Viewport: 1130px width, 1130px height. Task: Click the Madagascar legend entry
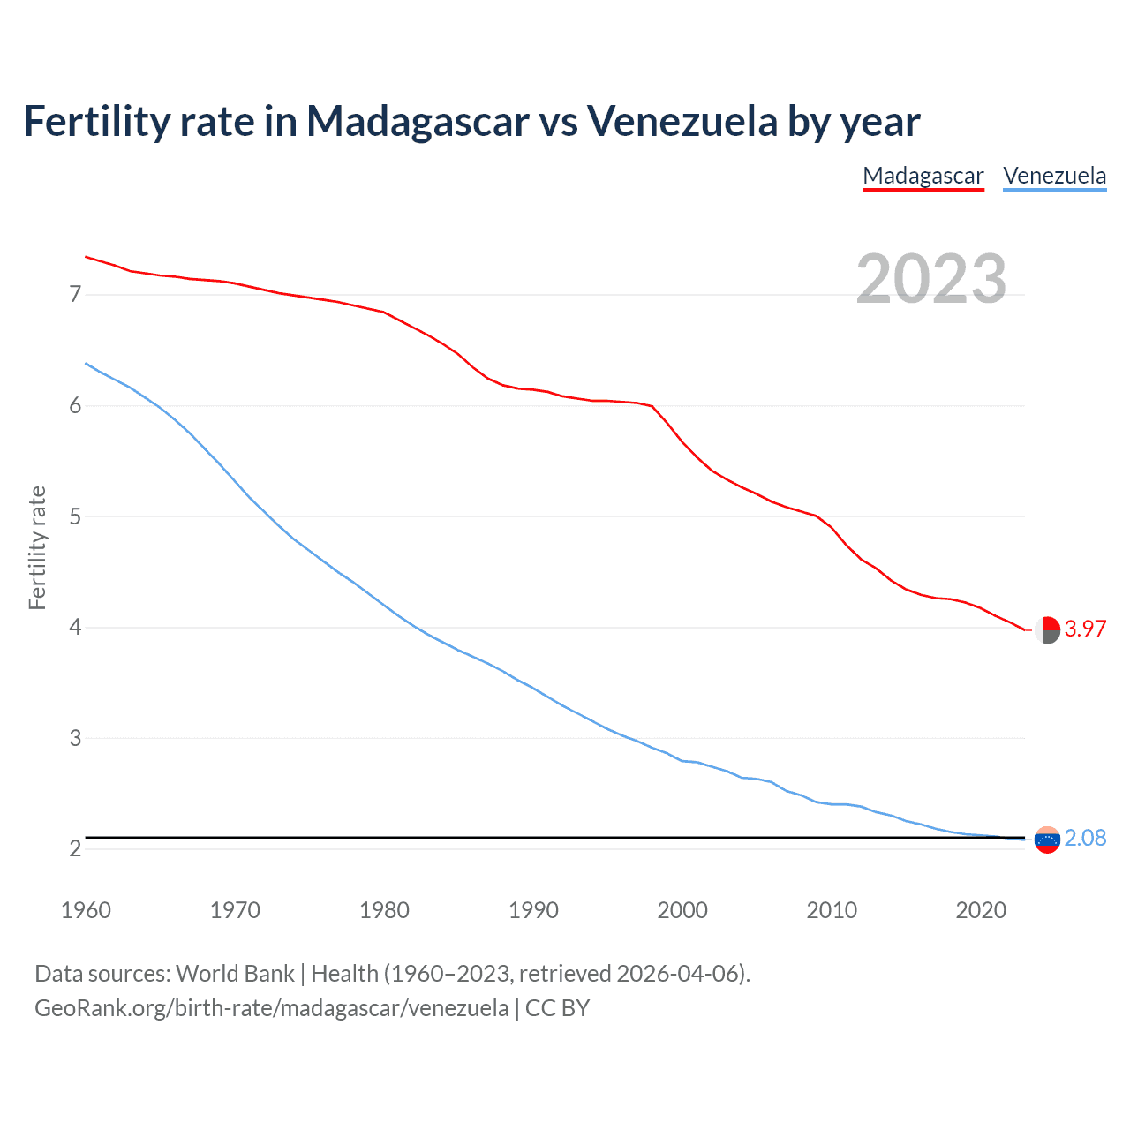(x=923, y=176)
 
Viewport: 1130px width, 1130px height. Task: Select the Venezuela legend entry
(x=1054, y=176)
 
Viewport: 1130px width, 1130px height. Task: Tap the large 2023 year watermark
(x=931, y=279)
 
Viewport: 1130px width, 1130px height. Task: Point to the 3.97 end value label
(x=1085, y=629)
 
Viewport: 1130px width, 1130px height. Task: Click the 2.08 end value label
(x=1085, y=838)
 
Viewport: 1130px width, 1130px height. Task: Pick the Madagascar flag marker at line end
(x=1047, y=630)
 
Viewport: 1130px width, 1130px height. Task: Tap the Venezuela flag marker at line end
(x=1047, y=840)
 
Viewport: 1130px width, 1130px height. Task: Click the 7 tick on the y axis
(x=75, y=294)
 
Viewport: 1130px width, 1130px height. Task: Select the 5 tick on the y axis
(x=75, y=516)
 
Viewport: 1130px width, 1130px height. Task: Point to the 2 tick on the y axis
(x=75, y=848)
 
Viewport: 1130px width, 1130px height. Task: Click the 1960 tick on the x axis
(x=86, y=910)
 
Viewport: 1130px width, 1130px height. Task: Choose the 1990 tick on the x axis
(x=533, y=910)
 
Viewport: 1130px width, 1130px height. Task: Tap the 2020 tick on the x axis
(x=981, y=910)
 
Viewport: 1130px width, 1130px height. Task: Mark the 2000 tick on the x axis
(x=682, y=910)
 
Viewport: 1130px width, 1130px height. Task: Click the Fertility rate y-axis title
(x=37, y=547)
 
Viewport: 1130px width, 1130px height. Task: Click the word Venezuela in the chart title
(x=682, y=121)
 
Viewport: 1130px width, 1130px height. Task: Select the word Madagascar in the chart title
(x=417, y=121)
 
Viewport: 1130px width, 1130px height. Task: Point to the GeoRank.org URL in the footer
(x=271, y=1007)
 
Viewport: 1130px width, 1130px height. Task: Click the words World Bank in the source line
(x=235, y=974)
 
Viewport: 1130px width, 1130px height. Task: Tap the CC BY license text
(x=557, y=1007)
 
